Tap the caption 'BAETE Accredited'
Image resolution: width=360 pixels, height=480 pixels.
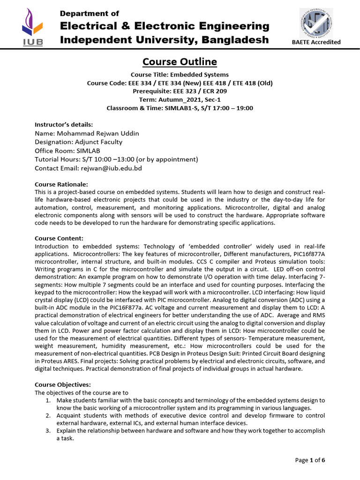(x=316, y=42)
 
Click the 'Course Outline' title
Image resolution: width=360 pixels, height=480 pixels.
(x=180, y=62)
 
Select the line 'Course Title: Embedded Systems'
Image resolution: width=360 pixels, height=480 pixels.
(x=180, y=75)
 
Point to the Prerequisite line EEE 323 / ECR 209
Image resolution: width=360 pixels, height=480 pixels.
(x=180, y=91)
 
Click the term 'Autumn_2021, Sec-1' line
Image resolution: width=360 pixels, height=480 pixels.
(x=180, y=99)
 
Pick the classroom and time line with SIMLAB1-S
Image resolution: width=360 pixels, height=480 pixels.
(x=180, y=108)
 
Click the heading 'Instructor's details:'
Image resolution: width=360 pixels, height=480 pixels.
(x=64, y=125)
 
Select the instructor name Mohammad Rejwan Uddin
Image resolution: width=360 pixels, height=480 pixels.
(x=87, y=134)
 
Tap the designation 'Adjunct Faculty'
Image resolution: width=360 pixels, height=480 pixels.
(x=78, y=142)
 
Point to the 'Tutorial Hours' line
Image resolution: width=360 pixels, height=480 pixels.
(x=116, y=159)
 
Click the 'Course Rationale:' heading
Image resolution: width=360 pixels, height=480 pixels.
(x=61, y=184)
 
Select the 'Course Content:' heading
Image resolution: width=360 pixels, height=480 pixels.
(x=59, y=238)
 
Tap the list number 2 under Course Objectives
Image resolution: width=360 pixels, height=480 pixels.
(x=48, y=416)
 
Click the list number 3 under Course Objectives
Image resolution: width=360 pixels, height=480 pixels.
(x=48, y=431)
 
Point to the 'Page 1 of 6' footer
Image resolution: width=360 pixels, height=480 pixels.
(x=310, y=460)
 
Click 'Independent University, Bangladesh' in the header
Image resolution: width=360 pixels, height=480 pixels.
(x=165, y=40)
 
